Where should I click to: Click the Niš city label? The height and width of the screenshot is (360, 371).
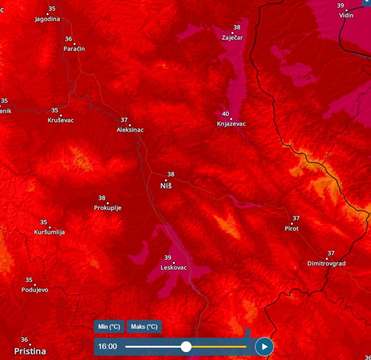pyautogui.click(x=166, y=186)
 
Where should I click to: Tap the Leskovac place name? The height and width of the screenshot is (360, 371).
pyautogui.click(x=174, y=267)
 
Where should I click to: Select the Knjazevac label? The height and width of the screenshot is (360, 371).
pyautogui.click(x=231, y=124)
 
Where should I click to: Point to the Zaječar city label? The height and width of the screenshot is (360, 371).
pyautogui.click(x=232, y=38)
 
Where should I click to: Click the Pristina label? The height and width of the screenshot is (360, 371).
pyautogui.click(x=30, y=351)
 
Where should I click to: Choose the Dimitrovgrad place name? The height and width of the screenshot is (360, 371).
pyautogui.click(x=326, y=264)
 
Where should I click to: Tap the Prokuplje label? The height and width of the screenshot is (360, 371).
pyautogui.click(x=108, y=208)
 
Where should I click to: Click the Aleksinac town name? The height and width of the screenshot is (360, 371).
pyautogui.click(x=130, y=130)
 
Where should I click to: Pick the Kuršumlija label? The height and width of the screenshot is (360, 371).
pyautogui.click(x=49, y=232)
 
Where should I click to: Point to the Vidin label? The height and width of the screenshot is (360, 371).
pyautogui.click(x=346, y=15)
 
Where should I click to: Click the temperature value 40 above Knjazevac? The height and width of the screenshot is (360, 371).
pyautogui.click(x=226, y=114)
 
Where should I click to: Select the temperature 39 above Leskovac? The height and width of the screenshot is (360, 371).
pyautogui.click(x=168, y=257)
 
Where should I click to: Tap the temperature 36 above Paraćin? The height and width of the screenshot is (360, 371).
pyautogui.click(x=69, y=39)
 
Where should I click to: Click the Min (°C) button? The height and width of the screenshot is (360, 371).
pyautogui.click(x=109, y=326)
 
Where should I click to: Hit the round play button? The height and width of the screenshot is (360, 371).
pyautogui.click(x=264, y=346)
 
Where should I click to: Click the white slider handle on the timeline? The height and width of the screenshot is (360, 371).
pyautogui.click(x=186, y=346)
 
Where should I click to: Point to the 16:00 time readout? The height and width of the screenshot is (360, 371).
pyautogui.click(x=107, y=346)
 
